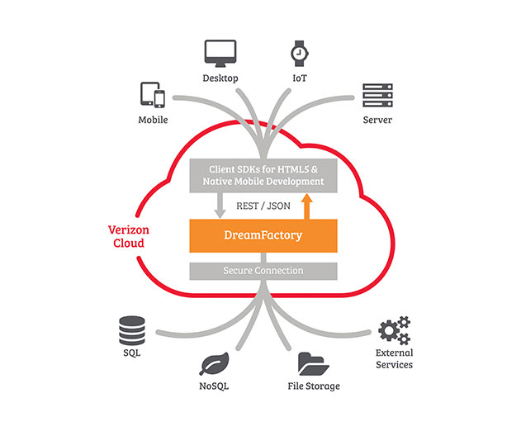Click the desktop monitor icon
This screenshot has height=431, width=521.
click(220, 53)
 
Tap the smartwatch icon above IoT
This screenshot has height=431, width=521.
click(300, 54)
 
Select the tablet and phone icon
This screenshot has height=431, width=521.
click(153, 95)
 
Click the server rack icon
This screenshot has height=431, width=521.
click(377, 95)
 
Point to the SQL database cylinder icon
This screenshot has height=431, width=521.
click(132, 330)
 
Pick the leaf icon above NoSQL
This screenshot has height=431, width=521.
click(215, 363)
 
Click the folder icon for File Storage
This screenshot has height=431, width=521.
click(313, 364)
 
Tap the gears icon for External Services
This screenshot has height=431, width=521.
click(395, 330)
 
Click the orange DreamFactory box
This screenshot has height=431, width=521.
click(263, 235)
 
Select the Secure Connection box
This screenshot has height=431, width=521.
click(263, 271)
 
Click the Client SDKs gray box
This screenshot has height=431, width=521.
click(263, 176)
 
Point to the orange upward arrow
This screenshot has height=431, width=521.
click(306, 206)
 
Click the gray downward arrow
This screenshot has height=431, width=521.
click(220, 206)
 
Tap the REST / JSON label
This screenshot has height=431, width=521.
click(263, 206)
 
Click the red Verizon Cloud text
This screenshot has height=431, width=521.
click(129, 237)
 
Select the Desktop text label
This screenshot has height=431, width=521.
click(220, 78)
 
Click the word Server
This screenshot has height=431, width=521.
click(377, 120)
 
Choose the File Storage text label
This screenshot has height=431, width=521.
click(314, 386)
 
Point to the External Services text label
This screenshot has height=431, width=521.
click(395, 358)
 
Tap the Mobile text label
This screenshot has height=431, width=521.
click(153, 120)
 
